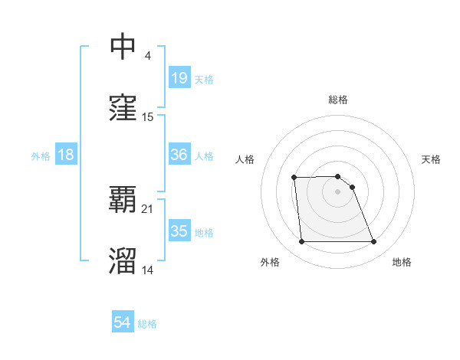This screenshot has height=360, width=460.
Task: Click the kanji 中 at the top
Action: [123, 47]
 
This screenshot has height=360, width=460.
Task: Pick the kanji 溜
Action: [123, 261]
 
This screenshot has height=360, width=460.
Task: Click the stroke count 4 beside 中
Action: [147, 56]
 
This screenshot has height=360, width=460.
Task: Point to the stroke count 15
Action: [148, 117]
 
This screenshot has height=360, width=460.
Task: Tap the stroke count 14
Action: [148, 270]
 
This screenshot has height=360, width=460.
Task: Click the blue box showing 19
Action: [179, 77]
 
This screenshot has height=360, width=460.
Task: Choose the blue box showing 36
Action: [179, 155]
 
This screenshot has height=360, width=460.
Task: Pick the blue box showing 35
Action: [179, 231]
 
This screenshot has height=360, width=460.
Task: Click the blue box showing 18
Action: [66, 155]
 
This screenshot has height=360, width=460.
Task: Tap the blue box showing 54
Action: [122, 323]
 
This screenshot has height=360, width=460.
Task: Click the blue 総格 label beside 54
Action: [147, 324]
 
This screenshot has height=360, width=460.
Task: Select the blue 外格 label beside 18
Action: [41, 155]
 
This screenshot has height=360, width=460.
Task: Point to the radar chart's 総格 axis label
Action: [338, 100]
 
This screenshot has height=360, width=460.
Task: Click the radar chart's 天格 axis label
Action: [431, 159]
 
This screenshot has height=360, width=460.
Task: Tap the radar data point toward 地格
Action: [373, 242]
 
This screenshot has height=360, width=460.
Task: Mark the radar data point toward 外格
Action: [301, 242]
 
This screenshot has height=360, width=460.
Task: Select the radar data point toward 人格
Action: [294, 178]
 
